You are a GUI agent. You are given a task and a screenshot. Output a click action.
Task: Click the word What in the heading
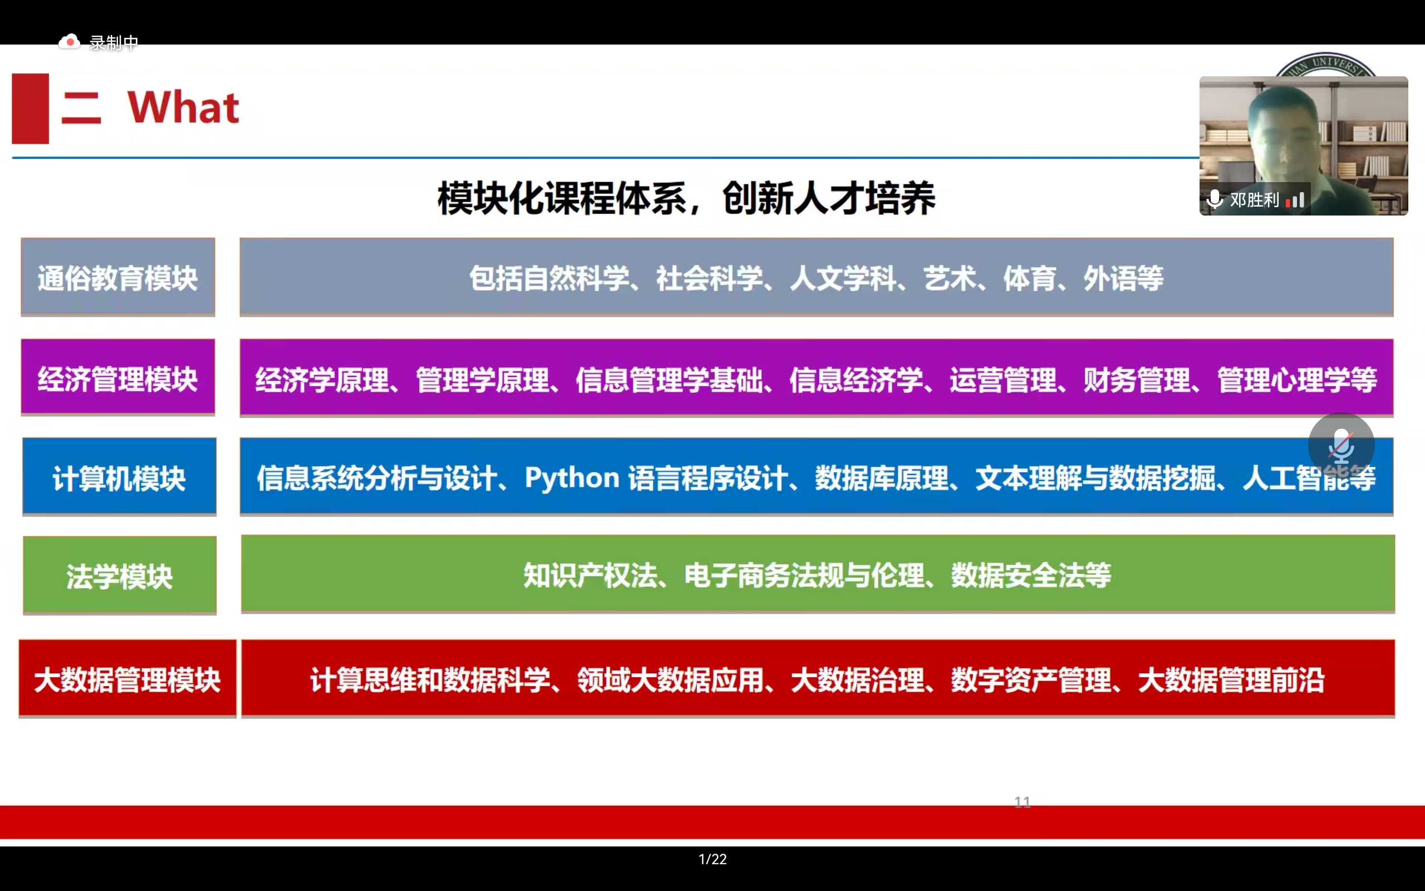click(183, 108)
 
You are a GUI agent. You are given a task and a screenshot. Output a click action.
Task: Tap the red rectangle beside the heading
click(30, 109)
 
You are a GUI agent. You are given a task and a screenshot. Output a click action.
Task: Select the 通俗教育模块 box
click(118, 277)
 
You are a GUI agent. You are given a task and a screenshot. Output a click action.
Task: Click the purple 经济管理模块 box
click(118, 377)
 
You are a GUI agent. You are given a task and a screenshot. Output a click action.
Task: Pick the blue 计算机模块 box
click(120, 476)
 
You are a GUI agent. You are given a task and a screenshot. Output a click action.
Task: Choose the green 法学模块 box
click(120, 575)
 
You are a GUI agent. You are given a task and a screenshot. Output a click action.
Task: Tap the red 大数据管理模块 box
click(127, 678)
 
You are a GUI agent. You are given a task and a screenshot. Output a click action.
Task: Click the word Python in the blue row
click(572, 478)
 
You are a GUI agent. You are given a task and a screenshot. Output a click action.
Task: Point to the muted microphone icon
click(1342, 446)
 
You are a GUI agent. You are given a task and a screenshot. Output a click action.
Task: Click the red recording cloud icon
click(70, 42)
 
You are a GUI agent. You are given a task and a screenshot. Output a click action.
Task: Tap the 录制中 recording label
click(114, 42)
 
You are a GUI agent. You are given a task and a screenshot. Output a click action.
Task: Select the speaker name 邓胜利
click(1254, 200)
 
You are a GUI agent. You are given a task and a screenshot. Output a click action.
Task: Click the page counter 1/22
click(712, 859)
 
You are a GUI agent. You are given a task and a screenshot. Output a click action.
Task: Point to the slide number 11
click(1022, 801)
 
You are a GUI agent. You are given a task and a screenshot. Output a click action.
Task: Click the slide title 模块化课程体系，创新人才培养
click(686, 198)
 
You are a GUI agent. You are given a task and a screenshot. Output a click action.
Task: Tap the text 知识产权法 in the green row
click(590, 575)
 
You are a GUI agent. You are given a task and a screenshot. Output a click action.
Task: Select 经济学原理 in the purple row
click(322, 379)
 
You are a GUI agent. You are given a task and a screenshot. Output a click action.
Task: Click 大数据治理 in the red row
click(857, 680)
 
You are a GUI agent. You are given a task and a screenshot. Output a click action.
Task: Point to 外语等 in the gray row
click(1123, 278)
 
